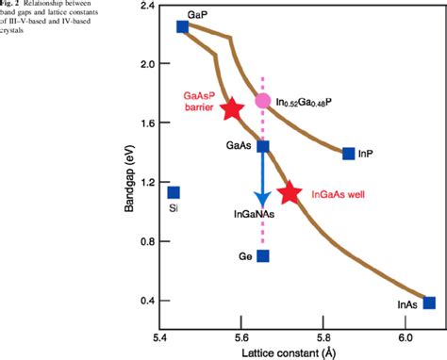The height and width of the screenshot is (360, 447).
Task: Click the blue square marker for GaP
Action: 183,26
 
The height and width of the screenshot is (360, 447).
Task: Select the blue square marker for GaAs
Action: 263,146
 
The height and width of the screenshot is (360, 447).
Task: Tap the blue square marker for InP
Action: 349,154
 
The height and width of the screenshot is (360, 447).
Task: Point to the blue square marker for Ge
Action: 263,255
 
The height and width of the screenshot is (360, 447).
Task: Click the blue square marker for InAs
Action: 429,303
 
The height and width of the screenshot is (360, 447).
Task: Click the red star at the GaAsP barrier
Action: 231,108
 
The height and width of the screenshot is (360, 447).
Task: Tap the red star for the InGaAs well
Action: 290,193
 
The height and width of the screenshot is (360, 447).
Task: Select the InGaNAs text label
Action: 256,215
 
